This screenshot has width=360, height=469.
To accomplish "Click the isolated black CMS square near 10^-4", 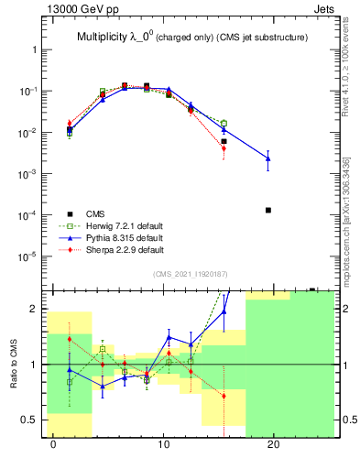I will tap(268, 210).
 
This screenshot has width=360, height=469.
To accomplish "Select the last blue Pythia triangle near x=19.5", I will tap(268, 158).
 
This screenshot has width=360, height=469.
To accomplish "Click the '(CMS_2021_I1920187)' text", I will tap(191, 272).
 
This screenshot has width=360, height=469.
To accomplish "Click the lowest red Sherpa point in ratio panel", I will tap(224, 397).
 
